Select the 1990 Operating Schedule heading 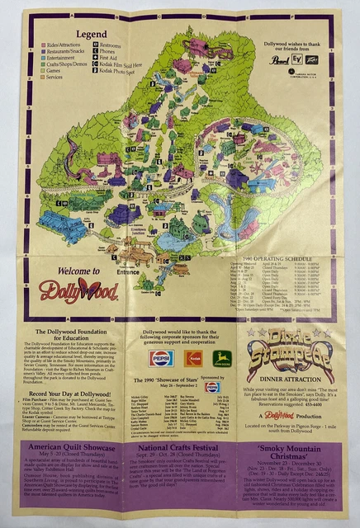[265, 234]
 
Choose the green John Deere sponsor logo [223, 358]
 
